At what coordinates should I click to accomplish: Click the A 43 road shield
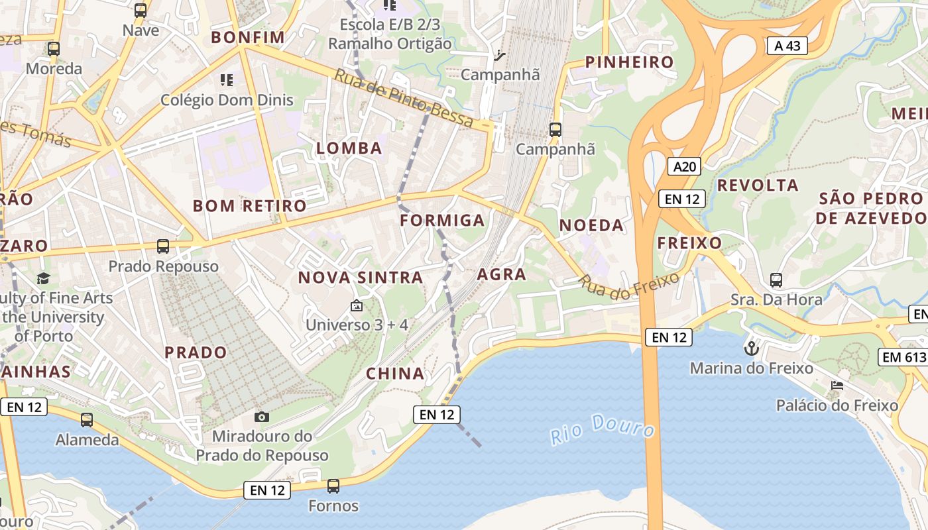(787, 45)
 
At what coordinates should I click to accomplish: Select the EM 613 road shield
(903, 357)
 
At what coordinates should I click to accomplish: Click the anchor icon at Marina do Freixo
(751, 348)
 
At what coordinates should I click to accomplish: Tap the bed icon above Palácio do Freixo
(837, 386)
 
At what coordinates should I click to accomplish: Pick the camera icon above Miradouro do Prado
(262, 417)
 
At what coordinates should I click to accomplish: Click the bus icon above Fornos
(333, 486)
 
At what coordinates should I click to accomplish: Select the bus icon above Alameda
(87, 420)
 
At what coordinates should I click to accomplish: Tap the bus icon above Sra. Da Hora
(776, 280)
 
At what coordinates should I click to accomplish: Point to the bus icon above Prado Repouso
(163, 246)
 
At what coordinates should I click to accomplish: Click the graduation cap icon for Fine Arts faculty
(44, 278)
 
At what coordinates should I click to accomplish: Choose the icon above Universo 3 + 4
(357, 306)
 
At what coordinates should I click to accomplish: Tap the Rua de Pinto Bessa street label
(404, 98)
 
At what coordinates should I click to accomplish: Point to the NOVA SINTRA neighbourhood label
(361, 278)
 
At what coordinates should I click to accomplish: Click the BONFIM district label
(248, 37)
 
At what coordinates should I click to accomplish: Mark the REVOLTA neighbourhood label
(758, 185)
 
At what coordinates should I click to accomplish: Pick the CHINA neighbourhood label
(396, 374)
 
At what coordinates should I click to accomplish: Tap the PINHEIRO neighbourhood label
(629, 62)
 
